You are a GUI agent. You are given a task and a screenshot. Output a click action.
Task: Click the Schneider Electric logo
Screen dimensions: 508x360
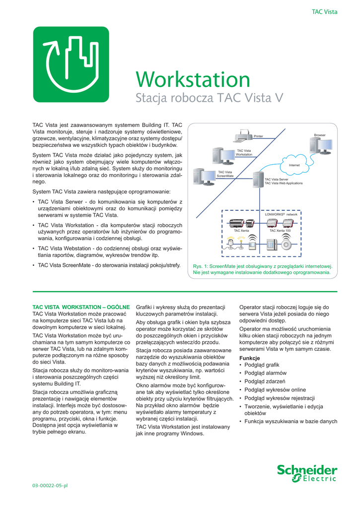[x=307, y=473]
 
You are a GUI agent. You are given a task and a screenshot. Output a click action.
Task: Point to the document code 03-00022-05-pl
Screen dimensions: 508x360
[x=50, y=485]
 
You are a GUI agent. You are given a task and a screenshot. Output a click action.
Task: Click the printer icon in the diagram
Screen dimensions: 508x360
[x=244, y=135]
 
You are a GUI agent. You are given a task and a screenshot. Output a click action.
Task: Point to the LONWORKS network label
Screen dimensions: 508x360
[x=281, y=214]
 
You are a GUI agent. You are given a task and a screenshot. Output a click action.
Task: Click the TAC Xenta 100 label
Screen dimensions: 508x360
[x=280, y=231]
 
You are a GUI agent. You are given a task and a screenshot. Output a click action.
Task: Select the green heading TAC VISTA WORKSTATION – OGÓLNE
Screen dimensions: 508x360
[x=81, y=307]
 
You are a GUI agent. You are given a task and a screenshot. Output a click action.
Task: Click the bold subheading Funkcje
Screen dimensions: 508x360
[x=250, y=358]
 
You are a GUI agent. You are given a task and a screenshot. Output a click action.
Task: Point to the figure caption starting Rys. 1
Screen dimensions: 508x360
[x=262, y=269]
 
